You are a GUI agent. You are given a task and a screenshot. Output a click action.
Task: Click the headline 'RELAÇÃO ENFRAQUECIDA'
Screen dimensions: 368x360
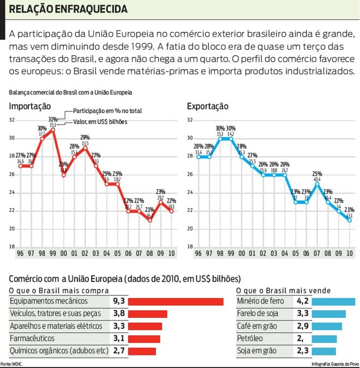[69, 9]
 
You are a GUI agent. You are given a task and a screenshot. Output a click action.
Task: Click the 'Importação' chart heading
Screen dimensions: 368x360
[30, 106]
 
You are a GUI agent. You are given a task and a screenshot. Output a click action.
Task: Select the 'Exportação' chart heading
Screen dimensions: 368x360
[207, 106]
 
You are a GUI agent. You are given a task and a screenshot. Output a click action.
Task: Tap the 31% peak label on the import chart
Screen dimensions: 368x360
[53, 119]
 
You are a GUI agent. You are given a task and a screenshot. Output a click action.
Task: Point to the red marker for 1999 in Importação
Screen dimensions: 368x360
[53, 129]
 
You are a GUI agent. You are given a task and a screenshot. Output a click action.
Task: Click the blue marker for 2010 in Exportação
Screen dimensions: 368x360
[349, 220]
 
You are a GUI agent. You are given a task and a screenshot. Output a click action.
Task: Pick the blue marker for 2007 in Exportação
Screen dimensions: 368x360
[317, 184]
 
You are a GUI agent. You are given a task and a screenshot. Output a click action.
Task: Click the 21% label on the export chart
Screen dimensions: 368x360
[349, 210]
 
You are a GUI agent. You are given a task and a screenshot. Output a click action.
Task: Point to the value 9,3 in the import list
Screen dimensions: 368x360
[119, 301]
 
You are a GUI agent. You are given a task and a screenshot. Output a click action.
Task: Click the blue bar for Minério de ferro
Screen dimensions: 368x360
[335, 301]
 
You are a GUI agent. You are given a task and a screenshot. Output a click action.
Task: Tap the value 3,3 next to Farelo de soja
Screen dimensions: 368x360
[303, 314]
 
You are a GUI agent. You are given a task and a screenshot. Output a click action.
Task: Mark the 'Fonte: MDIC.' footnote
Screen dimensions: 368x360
[11, 364]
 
